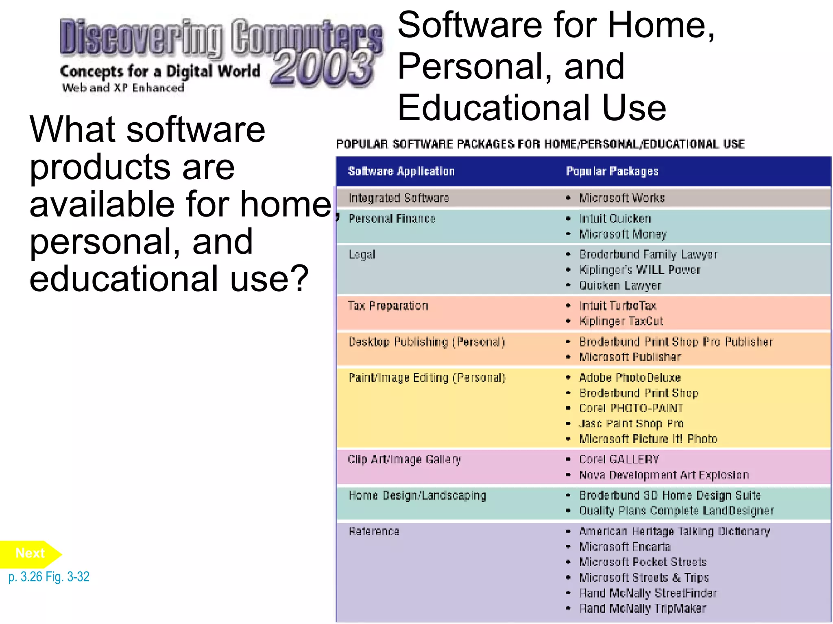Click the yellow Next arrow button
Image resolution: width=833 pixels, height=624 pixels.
click(30, 554)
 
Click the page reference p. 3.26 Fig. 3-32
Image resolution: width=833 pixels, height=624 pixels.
click(49, 576)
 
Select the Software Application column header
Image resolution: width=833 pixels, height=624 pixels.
click(401, 171)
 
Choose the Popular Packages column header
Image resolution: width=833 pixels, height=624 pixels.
click(612, 171)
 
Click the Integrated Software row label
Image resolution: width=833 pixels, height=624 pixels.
click(399, 198)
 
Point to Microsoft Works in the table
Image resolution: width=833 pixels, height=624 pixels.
click(622, 198)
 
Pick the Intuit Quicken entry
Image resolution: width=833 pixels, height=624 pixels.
click(615, 219)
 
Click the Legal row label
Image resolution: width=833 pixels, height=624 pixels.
click(362, 255)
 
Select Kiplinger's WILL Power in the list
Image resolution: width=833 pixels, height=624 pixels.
click(640, 270)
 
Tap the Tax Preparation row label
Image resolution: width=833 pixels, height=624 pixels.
click(388, 306)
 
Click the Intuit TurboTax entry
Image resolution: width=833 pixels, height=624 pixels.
click(618, 305)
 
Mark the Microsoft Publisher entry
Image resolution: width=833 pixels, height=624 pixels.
click(630, 357)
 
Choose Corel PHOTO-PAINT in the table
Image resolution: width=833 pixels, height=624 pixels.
click(631, 408)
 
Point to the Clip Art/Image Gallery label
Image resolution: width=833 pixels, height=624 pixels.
click(404, 460)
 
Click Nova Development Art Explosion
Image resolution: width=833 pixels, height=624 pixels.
click(664, 475)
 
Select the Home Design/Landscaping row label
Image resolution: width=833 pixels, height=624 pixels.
click(417, 496)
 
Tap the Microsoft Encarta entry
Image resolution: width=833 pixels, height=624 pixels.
click(625, 547)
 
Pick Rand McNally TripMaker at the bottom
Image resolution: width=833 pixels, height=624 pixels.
click(643, 609)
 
